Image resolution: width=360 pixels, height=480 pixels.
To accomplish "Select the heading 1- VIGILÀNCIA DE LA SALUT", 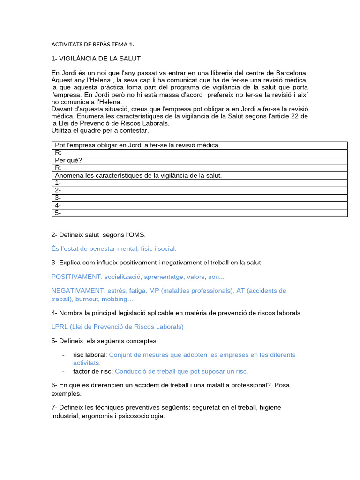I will [96, 59].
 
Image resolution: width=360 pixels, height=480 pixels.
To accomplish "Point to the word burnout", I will [84, 299].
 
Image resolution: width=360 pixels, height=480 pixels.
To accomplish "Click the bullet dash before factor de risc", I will [63, 371].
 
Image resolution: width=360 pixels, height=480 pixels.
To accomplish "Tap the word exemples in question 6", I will [65, 394].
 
